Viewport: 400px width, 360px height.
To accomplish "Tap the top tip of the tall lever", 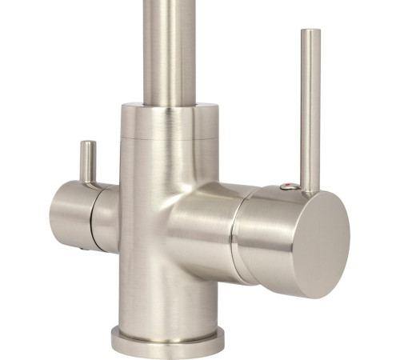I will coord(310,32).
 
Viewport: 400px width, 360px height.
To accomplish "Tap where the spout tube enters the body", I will coord(169,105).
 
